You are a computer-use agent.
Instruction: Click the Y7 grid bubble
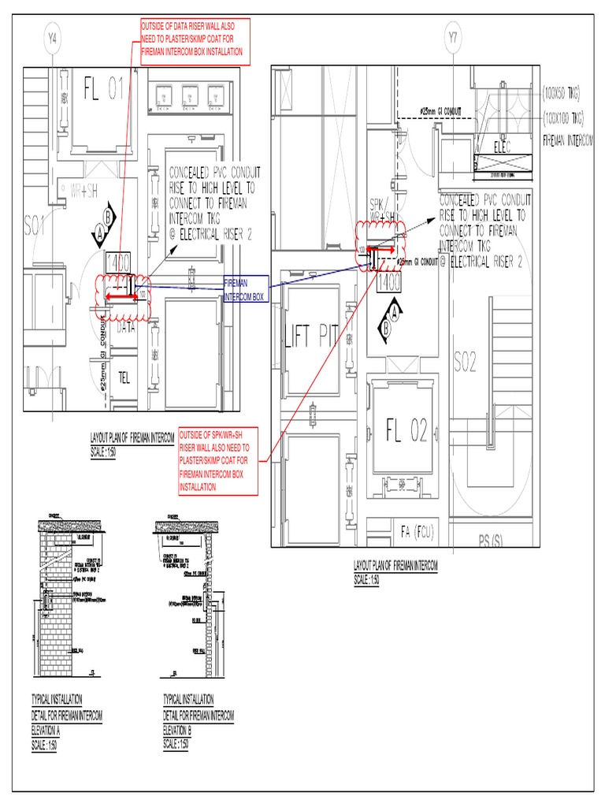[452, 37]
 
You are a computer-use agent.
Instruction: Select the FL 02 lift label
[406, 431]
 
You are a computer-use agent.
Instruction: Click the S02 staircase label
[466, 362]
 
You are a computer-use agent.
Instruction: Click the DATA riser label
[126, 329]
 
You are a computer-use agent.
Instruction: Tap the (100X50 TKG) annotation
[560, 94]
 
